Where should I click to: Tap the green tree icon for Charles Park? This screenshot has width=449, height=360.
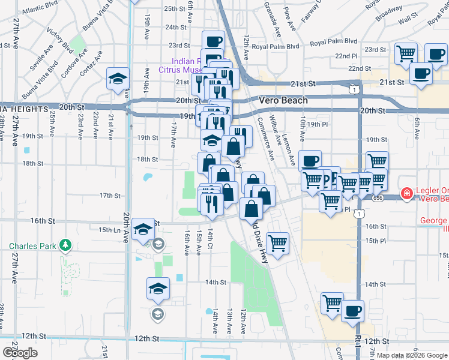pyautogui.click(x=65, y=245)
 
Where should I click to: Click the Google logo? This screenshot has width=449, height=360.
pyautogui.click(x=20, y=353)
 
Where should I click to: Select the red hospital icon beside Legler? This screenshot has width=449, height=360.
pyautogui.click(x=407, y=193)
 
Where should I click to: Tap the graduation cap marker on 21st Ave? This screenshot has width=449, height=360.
pyautogui.click(x=118, y=78)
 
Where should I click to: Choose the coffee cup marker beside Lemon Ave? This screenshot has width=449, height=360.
pyautogui.click(x=310, y=161)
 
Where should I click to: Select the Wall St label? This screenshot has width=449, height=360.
pyautogui.click(x=408, y=20)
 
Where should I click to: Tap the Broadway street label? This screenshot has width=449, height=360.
pyautogui.click(x=389, y=14)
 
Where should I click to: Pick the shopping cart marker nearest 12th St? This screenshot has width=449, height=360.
pyautogui.click(x=332, y=304)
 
